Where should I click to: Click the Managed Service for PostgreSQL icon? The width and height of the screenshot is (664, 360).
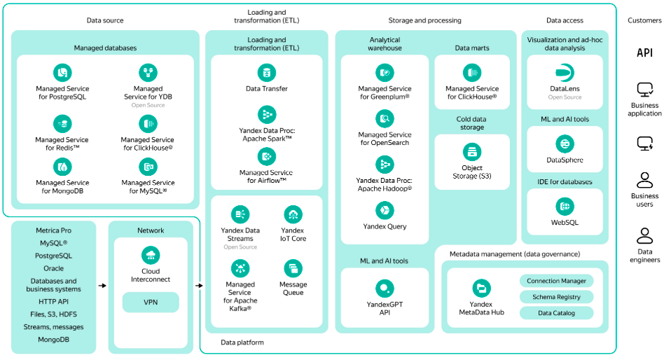62,72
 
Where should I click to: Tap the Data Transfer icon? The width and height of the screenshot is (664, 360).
267,72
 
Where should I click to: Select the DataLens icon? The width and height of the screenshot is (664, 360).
565,72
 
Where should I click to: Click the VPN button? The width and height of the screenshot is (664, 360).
151,302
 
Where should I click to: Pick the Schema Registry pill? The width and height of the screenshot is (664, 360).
556,297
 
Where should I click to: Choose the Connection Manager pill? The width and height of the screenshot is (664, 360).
556,281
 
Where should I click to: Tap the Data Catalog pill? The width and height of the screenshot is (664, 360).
556,313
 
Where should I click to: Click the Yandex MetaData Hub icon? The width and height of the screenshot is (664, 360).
481,289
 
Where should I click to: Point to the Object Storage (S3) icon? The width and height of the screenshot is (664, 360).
472,151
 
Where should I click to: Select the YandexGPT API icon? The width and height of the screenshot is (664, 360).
385,289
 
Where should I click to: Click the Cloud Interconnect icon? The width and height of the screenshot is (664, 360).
151,256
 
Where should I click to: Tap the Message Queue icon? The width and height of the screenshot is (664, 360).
293,268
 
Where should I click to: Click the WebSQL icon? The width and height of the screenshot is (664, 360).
565,206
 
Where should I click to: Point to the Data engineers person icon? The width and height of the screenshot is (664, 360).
644,236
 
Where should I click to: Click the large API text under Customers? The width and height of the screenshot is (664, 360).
644,53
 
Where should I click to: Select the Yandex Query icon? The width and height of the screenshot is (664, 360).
385,211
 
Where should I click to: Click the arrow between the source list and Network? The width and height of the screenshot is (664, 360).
102,286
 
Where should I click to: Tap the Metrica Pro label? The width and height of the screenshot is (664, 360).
53,230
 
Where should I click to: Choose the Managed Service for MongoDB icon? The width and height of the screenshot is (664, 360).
62,167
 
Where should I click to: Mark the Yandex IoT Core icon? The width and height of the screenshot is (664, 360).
293,214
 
